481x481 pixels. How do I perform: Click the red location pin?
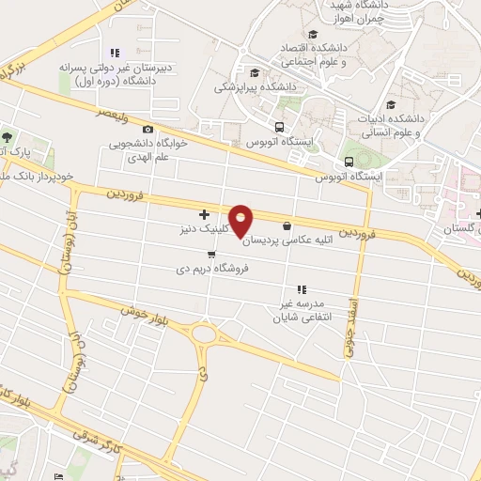point(241,221)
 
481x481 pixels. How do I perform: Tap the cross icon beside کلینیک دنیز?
point(205,215)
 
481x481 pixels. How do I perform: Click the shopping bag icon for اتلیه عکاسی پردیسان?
point(287,225)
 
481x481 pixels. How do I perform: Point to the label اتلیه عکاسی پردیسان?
point(293,240)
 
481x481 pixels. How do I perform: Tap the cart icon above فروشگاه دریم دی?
point(211,253)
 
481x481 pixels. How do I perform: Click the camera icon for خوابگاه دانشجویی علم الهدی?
point(147,129)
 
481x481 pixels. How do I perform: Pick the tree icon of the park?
point(8,138)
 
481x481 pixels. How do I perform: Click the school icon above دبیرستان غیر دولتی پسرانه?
point(114,53)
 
